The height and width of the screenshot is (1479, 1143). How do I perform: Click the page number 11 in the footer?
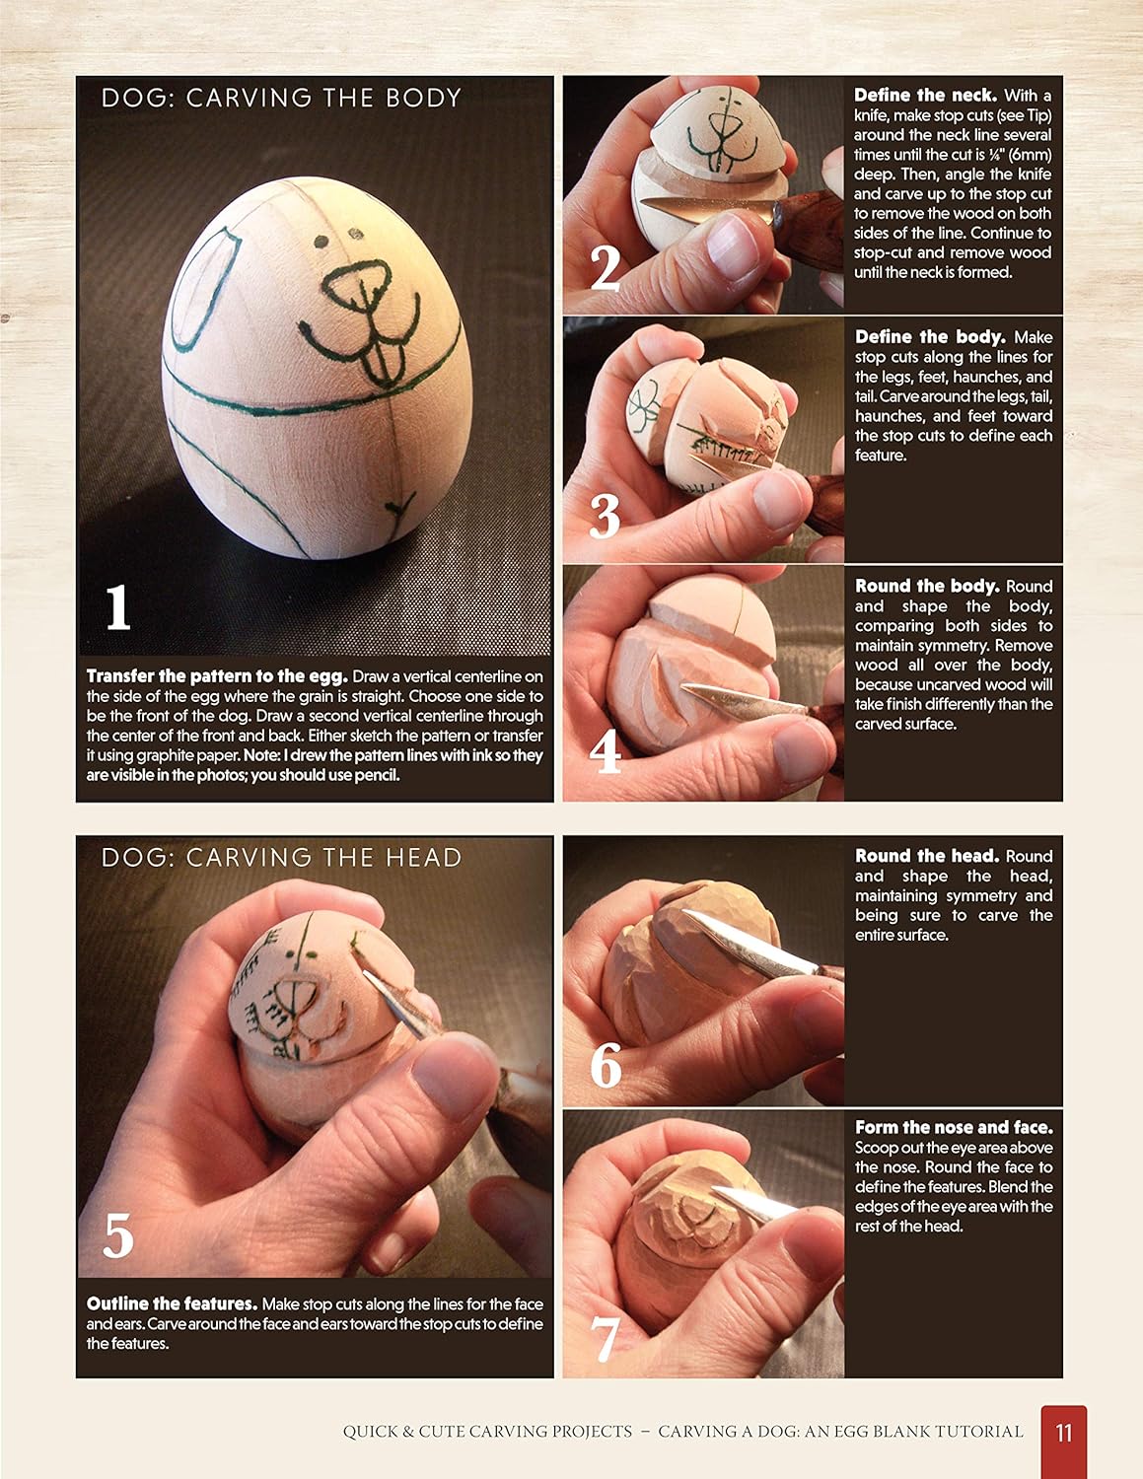pos(1063,1433)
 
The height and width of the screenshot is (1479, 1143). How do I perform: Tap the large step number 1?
pos(118,607)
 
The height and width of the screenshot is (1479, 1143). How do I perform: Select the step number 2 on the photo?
pos(605,268)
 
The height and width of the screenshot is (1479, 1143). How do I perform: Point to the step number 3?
pos(605,516)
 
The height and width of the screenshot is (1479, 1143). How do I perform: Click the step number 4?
pos(605,751)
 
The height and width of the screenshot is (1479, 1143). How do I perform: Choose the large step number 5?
pos(118,1234)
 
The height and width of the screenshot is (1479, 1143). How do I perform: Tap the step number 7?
pos(605,1339)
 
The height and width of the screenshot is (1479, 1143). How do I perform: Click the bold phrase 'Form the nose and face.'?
pos(954,1127)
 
